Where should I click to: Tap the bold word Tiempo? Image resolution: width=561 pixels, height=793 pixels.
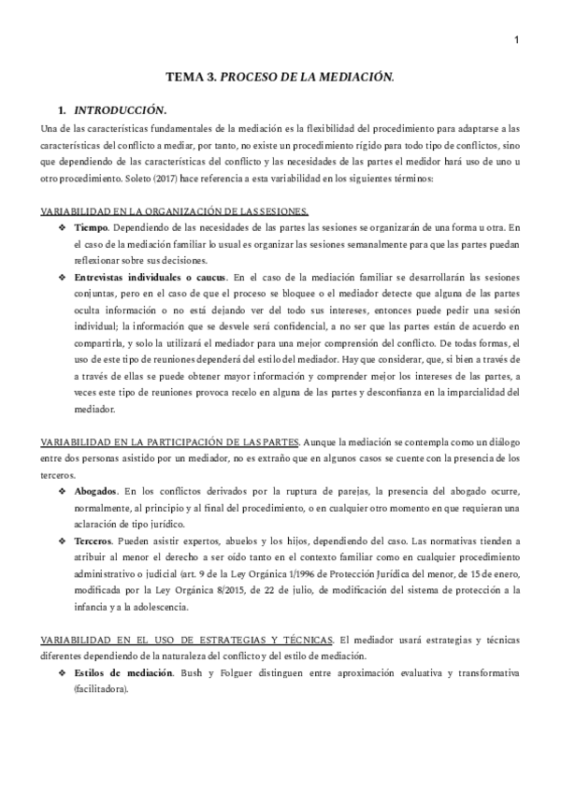(x=92, y=226)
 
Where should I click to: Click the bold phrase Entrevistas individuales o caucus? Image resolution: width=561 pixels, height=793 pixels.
(x=148, y=277)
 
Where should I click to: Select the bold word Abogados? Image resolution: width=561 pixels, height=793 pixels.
(x=98, y=491)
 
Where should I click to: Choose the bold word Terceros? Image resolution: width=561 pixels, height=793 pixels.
(x=95, y=541)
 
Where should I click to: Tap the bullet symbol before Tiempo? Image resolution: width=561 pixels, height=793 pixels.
(x=62, y=226)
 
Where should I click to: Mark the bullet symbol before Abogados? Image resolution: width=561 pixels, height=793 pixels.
(x=62, y=491)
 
